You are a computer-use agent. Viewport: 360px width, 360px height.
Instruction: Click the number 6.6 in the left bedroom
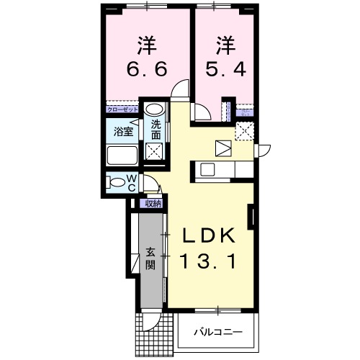(147, 70)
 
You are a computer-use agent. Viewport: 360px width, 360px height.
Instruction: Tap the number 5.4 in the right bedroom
(225, 70)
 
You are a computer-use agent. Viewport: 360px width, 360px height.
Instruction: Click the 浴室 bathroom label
(123, 132)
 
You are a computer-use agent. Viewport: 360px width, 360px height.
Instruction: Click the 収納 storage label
(153, 203)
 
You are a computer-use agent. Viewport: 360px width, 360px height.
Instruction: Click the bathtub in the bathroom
(123, 156)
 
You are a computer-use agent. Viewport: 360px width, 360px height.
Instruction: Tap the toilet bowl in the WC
(115, 182)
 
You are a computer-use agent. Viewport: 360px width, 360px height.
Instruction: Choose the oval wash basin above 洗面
(155, 110)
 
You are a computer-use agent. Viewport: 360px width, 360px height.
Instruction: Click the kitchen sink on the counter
(207, 170)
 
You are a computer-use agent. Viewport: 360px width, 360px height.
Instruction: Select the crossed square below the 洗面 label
(154, 151)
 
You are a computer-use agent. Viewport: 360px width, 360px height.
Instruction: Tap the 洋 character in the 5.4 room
(225, 45)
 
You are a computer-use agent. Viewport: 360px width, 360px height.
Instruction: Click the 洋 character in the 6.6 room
(147, 45)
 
